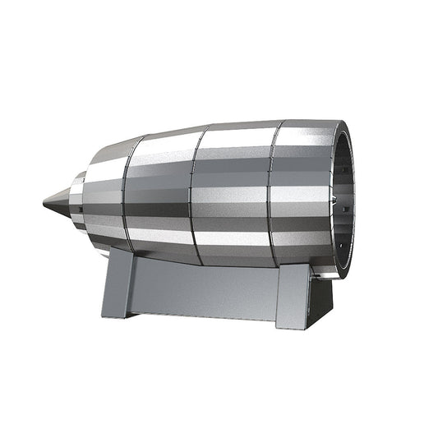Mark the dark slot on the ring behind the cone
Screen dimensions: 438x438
(74, 216)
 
